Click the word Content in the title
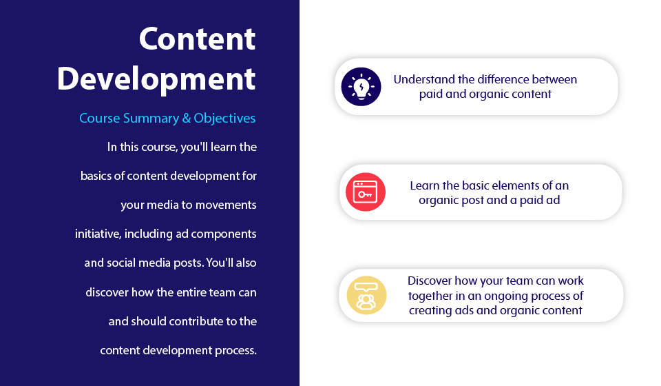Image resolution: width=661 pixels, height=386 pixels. pos(197,39)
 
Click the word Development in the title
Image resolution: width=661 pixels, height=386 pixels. pos(156,79)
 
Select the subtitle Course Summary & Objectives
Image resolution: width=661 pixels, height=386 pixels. pos(167,119)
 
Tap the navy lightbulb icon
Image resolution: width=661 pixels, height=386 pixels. pos(361,87)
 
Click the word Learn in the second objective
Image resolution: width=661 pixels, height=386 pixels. pos(425,186)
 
